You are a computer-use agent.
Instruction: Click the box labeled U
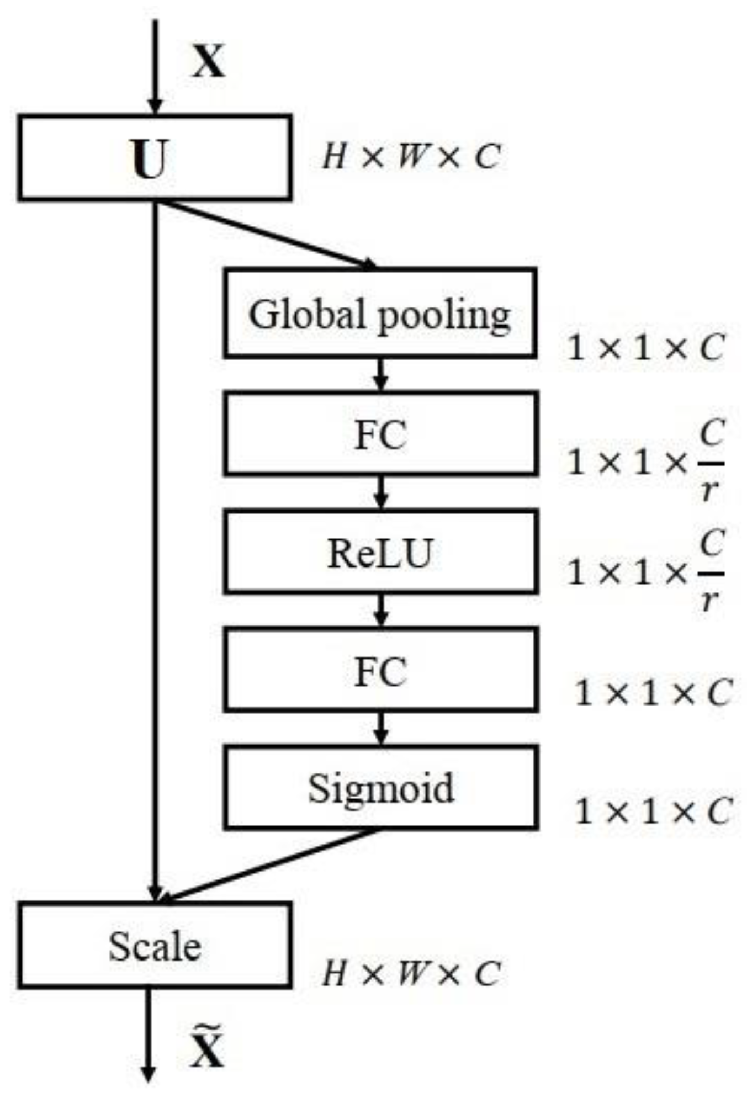click(155, 157)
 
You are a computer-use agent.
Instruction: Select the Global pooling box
click(380, 313)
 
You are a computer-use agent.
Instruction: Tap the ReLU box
click(380, 551)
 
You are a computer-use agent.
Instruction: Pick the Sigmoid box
click(380, 787)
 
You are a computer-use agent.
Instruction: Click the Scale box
click(155, 946)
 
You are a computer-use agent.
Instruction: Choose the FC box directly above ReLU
click(380, 433)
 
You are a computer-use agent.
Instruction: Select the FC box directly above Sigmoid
click(380, 670)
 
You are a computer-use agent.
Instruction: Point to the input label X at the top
click(208, 61)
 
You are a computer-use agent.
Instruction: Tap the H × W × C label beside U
click(411, 156)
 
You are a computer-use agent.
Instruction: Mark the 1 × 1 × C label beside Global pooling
click(645, 348)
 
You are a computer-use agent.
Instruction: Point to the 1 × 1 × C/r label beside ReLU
click(645, 571)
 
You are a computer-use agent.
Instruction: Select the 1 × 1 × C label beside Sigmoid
click(653, 811)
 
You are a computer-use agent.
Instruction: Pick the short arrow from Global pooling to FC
click(380, 374)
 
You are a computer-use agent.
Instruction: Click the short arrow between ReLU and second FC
click(380, 610)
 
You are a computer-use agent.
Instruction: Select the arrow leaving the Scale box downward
click(147, 1032)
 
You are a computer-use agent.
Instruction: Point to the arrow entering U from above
click(155, 66)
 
